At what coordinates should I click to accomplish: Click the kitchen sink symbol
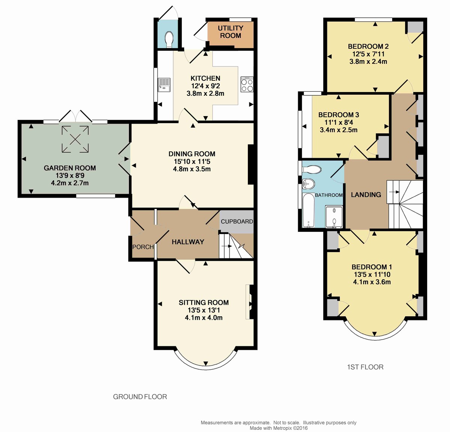click(x=164, y=85)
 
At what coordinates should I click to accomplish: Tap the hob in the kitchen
click(x=247, y=84)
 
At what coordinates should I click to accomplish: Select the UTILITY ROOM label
click(x=231, y=32)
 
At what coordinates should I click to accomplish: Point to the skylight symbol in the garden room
click(x=75, y=139)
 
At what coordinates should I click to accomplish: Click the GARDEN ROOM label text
click(x=70, y=168)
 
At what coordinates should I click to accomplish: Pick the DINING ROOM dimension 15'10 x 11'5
click(x=192, y=161)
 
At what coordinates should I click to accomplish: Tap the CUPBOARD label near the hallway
click(x=237, y=221)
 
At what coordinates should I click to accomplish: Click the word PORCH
click(x=143, y=247)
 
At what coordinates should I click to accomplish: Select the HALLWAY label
click(x=188, y=242)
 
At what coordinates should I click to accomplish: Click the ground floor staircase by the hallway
click(x=236, y=246)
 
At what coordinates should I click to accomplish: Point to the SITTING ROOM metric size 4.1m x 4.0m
click(x=204, y=317)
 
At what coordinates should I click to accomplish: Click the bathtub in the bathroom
click(x=308, y=211)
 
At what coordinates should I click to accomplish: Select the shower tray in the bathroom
click(x=334, y=217)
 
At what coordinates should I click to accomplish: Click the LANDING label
click(x=366, y=195)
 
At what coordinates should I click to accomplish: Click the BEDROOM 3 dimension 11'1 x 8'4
click(x=339, y=122)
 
